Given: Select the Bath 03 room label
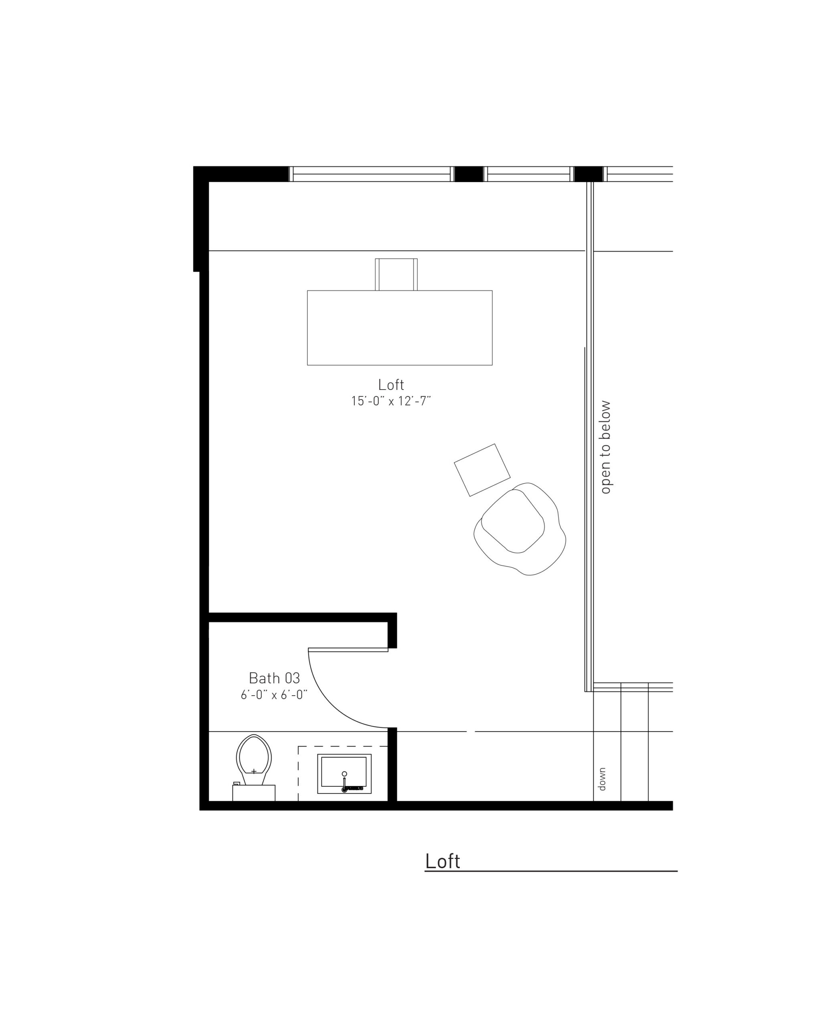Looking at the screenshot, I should click(274, 678).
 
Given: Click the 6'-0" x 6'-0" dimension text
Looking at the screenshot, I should click(274, 695).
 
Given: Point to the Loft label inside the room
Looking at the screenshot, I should click(391, 384).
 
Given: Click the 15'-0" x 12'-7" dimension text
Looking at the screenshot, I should click(391, 401).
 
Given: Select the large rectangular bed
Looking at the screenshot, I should click(399, 328).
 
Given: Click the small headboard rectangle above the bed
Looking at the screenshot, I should click(396, 274).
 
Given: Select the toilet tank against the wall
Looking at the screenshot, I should click(254, 793).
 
